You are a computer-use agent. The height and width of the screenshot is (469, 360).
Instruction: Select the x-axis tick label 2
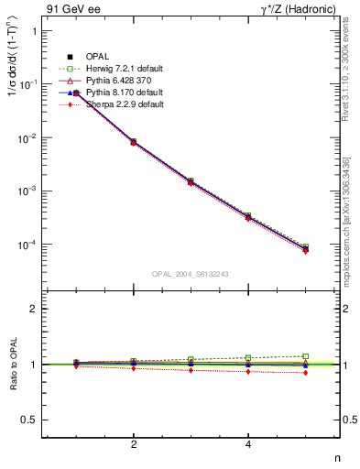tap(134, 444)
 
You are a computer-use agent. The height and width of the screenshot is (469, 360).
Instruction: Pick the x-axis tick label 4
tap(248, 444)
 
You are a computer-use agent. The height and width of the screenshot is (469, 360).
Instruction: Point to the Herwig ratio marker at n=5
tap(306, 356)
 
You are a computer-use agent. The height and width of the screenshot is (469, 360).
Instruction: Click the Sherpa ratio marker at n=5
tap(306, 373)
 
